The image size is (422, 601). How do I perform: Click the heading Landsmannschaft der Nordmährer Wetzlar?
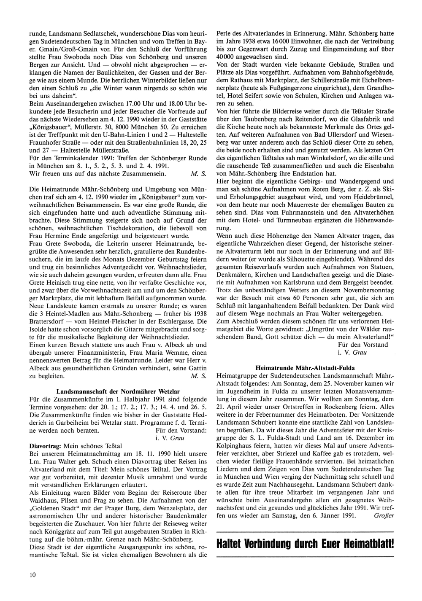118,391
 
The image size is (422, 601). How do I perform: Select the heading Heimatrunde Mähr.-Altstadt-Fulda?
305,368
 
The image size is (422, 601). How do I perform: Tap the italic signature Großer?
384,515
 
